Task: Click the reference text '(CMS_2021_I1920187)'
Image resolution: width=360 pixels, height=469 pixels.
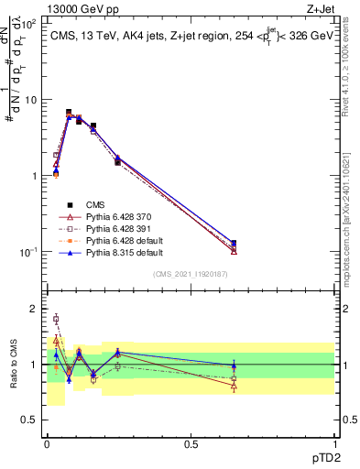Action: [x=191, y=274]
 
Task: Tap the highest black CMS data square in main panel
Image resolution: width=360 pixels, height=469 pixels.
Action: [x=69, y=112]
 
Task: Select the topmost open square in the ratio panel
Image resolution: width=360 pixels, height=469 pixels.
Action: [x=56, y=319]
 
